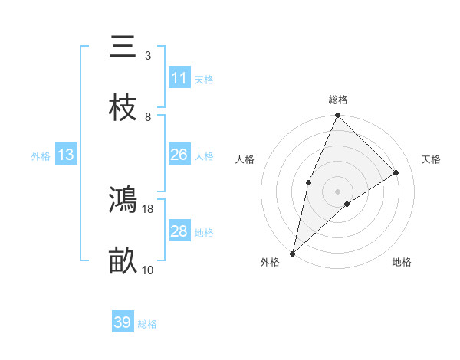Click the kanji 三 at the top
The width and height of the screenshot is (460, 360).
123,47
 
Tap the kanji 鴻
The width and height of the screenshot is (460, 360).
123,200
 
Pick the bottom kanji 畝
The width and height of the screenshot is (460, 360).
123,261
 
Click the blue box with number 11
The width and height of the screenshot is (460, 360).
179,78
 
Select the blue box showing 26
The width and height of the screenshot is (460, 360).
179,155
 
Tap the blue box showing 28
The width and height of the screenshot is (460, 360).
179,231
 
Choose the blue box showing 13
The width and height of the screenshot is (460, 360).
66,155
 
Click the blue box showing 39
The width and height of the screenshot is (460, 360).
123,322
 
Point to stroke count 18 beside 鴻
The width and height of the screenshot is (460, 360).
148,208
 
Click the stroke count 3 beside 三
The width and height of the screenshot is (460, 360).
148,55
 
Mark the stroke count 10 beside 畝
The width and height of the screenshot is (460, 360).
148,270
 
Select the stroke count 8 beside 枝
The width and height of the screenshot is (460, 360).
148,116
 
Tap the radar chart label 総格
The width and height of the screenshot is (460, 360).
338,100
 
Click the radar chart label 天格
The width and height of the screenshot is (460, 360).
432,159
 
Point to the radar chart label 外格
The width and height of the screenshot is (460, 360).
270,263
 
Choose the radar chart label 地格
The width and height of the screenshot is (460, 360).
402,263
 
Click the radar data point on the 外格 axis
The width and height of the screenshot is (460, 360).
293,253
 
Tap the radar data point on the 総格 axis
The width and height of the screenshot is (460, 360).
338,116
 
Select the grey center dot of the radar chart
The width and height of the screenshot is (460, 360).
338,191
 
